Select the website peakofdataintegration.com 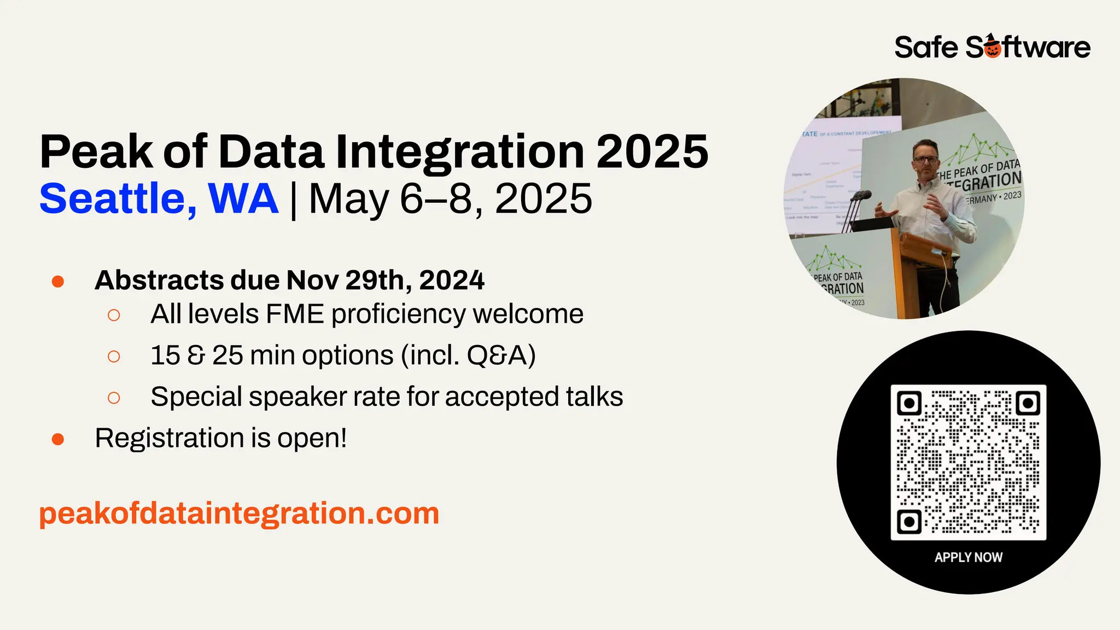239,514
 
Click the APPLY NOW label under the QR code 968,557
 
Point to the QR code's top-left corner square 909,404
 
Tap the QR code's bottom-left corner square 909,522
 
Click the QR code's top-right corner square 1028,404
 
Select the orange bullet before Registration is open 58,439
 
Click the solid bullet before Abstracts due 58,282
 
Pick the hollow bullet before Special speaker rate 114,398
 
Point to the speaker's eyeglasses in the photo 925,159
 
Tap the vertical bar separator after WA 294,200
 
